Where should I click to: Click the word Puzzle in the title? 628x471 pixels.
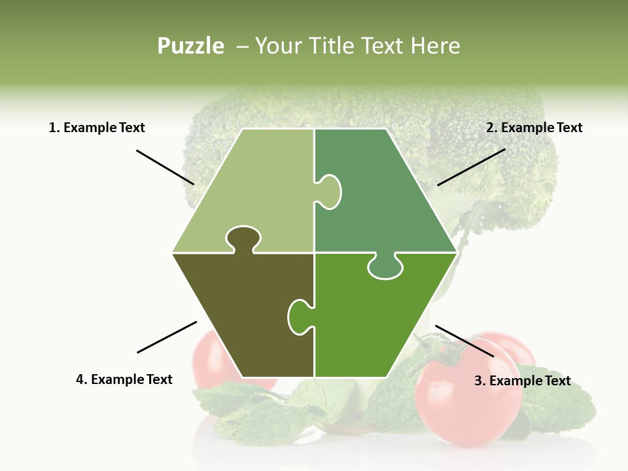(x=190, y=46)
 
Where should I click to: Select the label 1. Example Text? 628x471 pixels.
(x=97, y=128)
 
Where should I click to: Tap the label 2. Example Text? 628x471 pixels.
(x=534, y=128)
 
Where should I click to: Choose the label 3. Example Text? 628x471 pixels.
(x=522, y=381)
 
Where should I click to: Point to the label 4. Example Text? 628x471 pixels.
(x=124, y=379)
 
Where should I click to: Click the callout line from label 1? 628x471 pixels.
(x=165, y=167)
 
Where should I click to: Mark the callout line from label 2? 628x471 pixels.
(x=471, y=167)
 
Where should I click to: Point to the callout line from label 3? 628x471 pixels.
(x=464, y=341)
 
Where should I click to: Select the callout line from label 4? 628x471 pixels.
(x=167, y=337)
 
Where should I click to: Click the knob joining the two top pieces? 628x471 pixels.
(x=329, y=192)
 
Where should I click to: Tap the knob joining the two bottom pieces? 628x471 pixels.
(x=300, y=317)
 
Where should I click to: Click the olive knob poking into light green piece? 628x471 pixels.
(x=243, y=238)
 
